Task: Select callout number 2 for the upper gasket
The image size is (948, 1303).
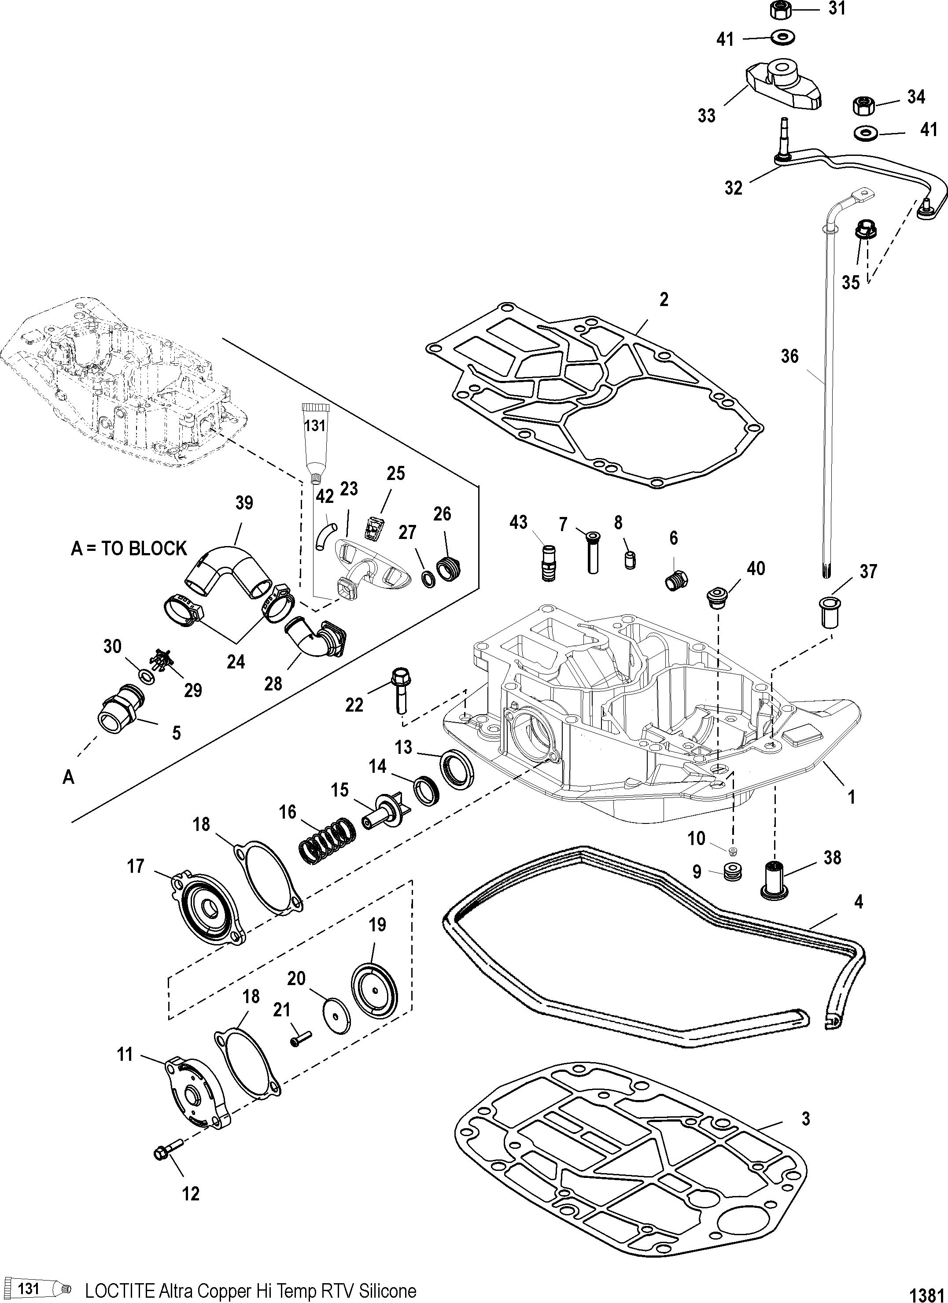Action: tap(664, 300)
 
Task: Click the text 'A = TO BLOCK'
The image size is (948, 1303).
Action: tap(129, 549)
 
